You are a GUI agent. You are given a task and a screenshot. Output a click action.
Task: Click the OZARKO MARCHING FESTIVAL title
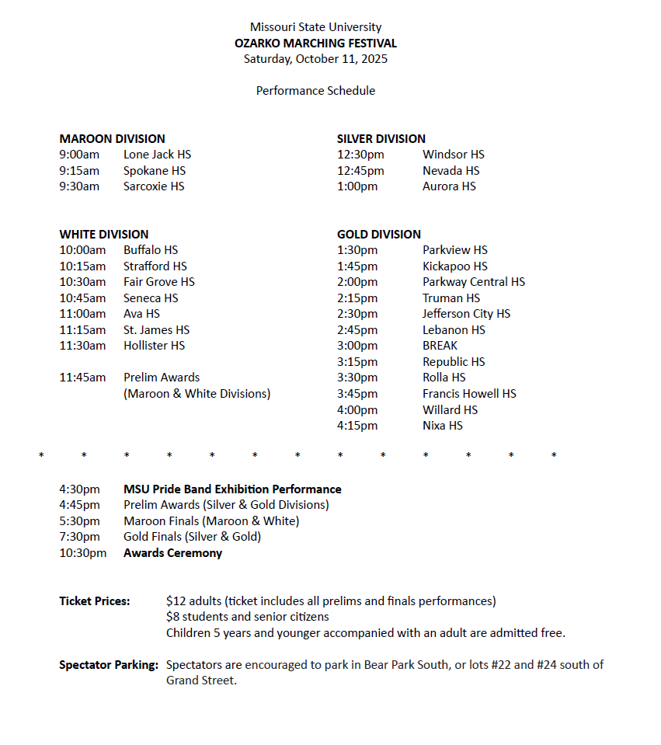[x=315, y=44]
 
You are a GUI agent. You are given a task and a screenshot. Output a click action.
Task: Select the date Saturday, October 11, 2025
[x=315, y=58]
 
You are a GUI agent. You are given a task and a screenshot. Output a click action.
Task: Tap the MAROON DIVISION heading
[x=112, y=139]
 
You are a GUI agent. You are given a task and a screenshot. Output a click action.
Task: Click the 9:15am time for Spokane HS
[x=79, y=171]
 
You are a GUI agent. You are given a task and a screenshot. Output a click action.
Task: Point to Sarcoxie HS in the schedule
[x=154, y=186]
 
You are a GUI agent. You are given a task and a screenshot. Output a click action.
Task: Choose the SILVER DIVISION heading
[x=381, y=139]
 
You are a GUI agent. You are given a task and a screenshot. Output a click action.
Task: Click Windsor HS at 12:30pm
[x=453, y=155]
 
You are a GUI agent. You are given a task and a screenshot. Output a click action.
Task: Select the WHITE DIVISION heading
[x=103, y=235]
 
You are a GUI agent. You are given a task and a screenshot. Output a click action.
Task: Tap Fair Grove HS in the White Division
[x=158, y=282]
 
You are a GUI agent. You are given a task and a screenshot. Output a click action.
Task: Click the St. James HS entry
[x=156, y=330]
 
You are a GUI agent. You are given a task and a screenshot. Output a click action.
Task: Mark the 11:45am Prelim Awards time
[x=82, y=378]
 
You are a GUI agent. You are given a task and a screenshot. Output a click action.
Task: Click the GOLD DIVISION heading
[x=378, y=235]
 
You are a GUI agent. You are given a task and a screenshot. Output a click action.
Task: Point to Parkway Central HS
[x=473, y=282]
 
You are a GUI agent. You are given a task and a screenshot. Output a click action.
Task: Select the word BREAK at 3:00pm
[x=440, y=346]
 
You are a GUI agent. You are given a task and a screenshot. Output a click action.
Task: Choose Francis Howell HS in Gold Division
[x=469, y=394]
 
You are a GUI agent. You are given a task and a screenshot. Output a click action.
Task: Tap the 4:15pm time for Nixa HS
[x=357, y=426]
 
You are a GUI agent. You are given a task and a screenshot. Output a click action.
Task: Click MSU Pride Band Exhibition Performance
[x=232, y=489]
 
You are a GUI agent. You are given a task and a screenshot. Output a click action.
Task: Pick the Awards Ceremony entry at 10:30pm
[x=172, y=553]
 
